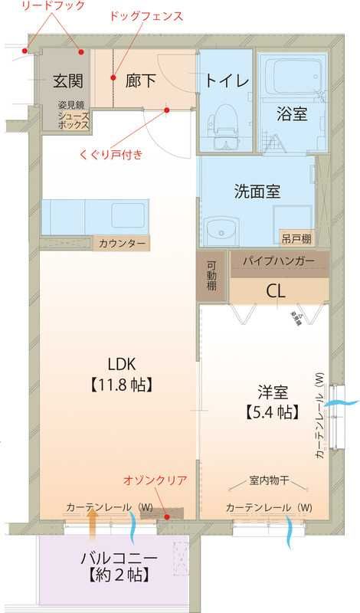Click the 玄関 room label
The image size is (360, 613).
click(68, 80)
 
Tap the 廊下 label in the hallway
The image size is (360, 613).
click(142, 80)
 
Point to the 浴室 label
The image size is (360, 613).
click(292, 114)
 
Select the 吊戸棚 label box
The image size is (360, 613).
click(296, 238)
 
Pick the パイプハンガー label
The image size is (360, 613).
click(279, 262)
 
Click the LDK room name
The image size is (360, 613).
click(123, 363)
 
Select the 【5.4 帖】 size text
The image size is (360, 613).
click(272, 412)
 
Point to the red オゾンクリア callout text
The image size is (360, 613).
click(155, 480)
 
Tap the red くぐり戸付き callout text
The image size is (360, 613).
click(111, 153)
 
